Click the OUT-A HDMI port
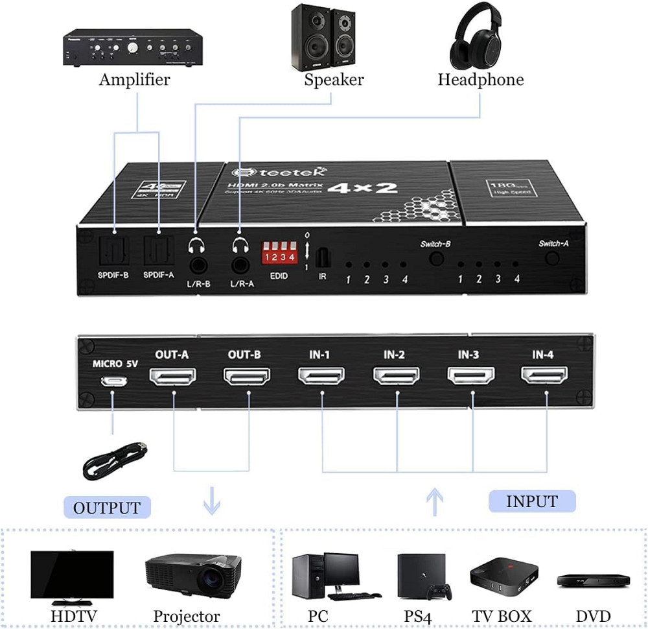(x=173, y=377)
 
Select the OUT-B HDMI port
(x=247, y=377)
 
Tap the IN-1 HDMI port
(x=321, y=375)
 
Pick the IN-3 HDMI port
(x=471, y=375)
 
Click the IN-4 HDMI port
(x=545, y=375)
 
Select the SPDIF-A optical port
(x=158, y=248)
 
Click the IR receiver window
(x=322, y=258)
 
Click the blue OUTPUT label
(x=107, y=507)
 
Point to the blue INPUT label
(x=531, y=501)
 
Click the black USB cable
(x=115, y=461)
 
